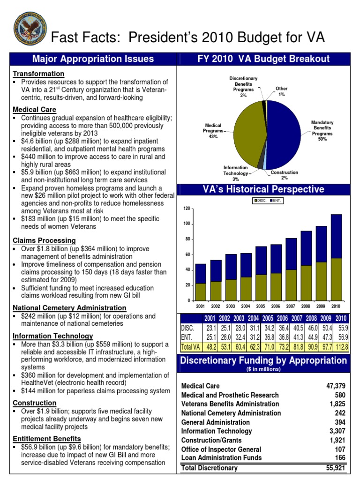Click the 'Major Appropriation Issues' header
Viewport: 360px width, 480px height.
tap(92, 59)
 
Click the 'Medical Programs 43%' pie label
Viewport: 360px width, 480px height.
tap(212, 131)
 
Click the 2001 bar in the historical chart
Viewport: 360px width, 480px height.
tap(201, 282)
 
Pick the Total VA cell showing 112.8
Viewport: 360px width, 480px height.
tap(341, 347)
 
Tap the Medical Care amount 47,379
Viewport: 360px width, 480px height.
tap(336, 386)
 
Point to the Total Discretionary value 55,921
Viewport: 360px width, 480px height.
tap(336, 468)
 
